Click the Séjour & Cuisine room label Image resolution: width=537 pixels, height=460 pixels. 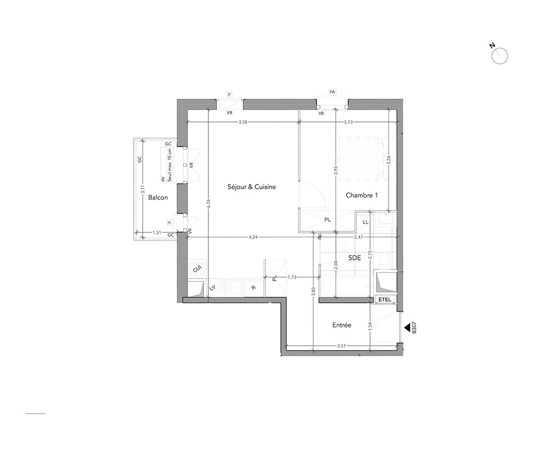[x=252, y=187]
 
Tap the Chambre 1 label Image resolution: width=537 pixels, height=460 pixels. [x=361, y=195]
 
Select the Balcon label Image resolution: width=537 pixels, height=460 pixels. [x=158, y=198]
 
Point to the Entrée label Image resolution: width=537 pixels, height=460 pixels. [x=342, y=325]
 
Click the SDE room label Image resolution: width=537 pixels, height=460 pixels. [x=354, y=258]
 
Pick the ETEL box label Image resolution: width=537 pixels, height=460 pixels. [x=384, y=300]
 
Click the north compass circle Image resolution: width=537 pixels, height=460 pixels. [x=499, y=56]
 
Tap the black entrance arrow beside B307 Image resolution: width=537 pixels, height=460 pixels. [x=407, y=327]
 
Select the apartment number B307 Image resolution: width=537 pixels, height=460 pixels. [x=415, y=327]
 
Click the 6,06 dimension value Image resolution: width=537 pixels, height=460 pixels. [x=208, y=205]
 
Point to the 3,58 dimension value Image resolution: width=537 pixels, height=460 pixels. [x=243, y=122]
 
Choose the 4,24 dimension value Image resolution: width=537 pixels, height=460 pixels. [x=253, y=237]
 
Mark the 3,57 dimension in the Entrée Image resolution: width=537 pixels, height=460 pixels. [x=342, y=346]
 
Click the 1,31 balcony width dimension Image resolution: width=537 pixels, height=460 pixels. [x=157, y=232]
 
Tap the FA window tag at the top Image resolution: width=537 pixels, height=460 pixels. [x=332, y=92]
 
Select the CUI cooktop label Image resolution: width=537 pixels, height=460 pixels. [x=197, y=269]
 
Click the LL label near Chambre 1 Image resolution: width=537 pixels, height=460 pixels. [x=365, y=222]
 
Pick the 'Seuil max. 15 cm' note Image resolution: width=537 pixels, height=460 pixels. [x=169, y=165]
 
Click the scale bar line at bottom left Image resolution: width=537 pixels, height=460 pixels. [x=35, y=414]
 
